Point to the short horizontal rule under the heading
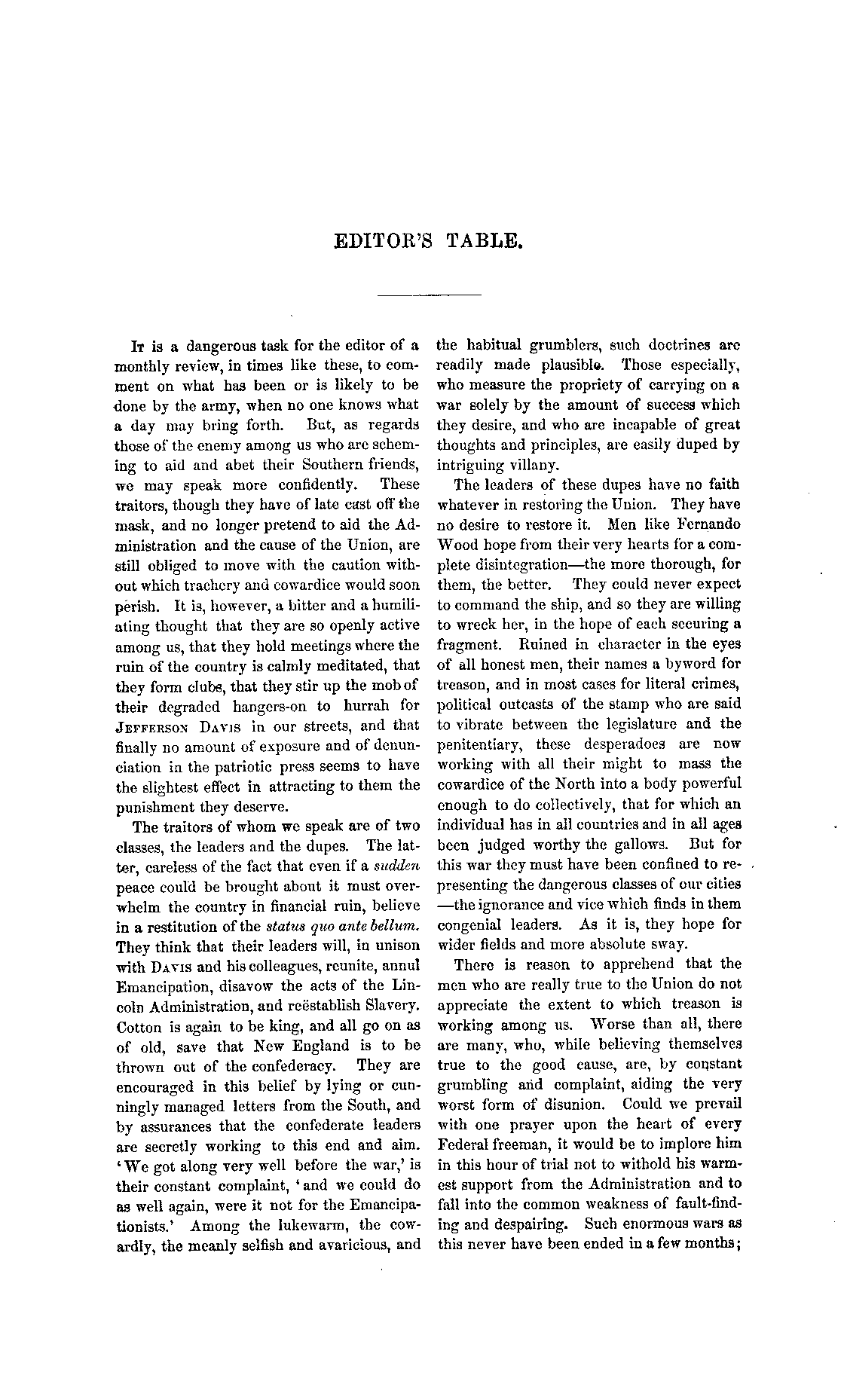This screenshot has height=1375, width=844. click(x=429, y=294)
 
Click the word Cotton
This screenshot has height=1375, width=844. click(x=139, y=1027)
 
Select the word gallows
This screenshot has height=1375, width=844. click(x=638, y=845)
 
